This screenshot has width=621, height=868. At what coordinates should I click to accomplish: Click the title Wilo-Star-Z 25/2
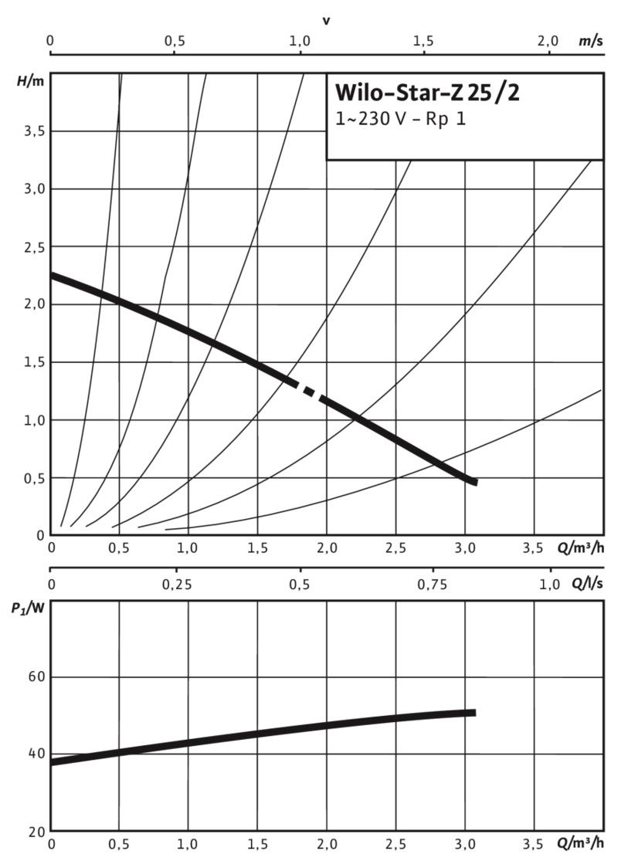[426, 94]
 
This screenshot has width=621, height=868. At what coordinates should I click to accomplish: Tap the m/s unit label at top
[591, 41]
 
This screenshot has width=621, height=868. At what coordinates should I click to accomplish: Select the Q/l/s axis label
[588, 585]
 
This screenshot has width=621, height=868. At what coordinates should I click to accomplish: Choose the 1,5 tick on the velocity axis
[423, 41]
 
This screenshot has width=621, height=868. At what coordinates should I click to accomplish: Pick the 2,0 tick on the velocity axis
[548, 41]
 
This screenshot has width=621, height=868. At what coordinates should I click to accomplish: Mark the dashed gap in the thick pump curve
[309, 392]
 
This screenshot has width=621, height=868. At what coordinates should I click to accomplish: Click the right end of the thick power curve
[473, 712]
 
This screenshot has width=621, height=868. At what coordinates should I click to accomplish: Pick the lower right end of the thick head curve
[474, 482]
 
